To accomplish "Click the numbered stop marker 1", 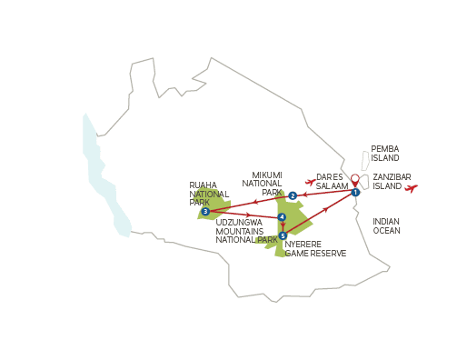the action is coord(355,192).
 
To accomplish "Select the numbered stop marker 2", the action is coord(293,195).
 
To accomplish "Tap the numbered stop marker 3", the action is coord(205,212).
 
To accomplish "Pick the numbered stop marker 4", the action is coord(282,217).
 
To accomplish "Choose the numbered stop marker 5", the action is coord(283,235).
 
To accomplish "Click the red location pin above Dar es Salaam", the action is coord(355,180).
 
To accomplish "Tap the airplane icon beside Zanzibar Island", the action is coord(411,188).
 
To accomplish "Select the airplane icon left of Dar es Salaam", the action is coord(311,182).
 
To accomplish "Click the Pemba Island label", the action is coord(385,154).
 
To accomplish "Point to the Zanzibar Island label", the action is coord(392,182).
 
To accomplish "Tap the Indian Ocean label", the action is coord(386,226).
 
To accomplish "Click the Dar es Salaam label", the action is coord(332,182).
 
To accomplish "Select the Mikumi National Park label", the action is coord(263,184).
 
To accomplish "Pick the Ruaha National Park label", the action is coord(209,194).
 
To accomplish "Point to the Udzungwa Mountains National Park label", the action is coord(246,231).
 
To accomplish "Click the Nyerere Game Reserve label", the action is coord(315,249).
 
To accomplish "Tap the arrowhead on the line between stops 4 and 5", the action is coord(283,225).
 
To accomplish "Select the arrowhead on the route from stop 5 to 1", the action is coord(325,209).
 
